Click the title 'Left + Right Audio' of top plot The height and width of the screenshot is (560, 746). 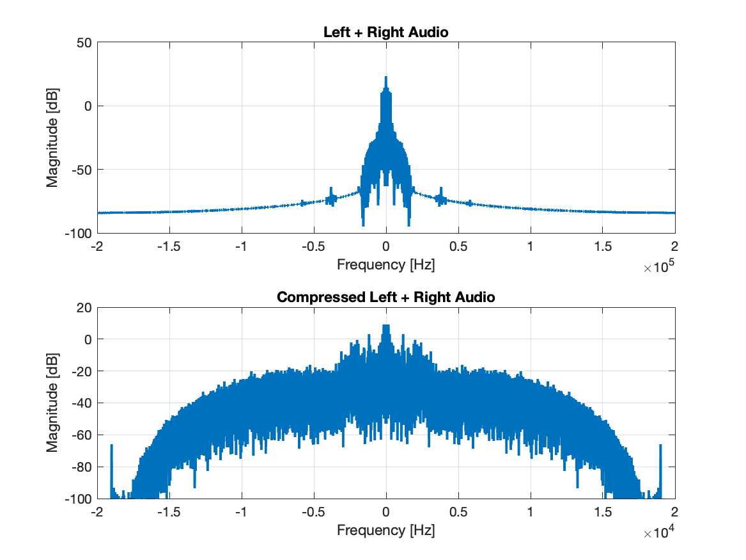point(385,32)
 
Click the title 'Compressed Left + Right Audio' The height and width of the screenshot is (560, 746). point(385,297)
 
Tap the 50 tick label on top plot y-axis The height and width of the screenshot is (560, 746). point(84,43)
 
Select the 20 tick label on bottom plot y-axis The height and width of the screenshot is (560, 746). point(84,308)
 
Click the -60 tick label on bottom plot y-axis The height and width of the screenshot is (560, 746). point(82,435)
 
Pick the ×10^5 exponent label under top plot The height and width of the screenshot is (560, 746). point(659,268)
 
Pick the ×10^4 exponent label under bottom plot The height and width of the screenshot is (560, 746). point(659,532)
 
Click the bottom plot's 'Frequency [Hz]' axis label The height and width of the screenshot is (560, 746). point(385,530)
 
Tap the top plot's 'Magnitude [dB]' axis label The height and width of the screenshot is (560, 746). point(52,138)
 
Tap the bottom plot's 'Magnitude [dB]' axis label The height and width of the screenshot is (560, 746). point(52,403)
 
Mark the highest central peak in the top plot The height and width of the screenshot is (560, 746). point(385,78)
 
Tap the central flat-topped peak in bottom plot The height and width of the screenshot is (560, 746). point(385,326)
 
